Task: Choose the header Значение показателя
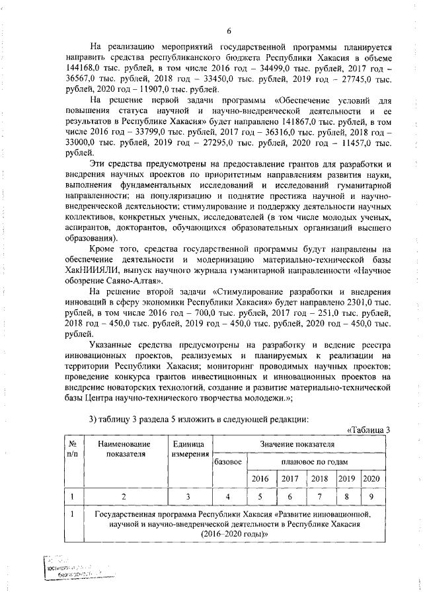[x=298, y=444]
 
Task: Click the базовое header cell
[x=228, y=461]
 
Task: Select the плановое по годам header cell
[x=315, y=461]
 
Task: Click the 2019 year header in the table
[x=346, y=478]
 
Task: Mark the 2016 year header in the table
[x=260, y=478]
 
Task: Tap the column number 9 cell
[x=371, y=496]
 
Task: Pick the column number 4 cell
[x=228, y=496]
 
